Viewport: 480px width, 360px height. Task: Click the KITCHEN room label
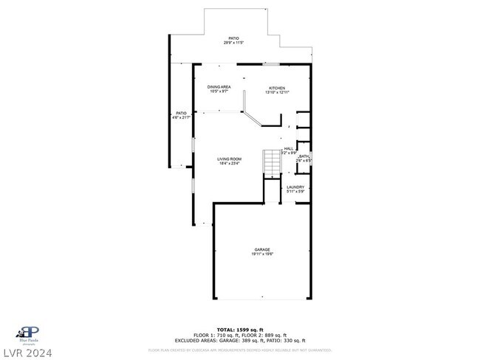coord(276,88)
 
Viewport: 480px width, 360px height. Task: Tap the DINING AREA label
coord(219,87)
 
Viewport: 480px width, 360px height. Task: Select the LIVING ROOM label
coord(229,159)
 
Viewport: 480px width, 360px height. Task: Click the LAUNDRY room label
coord(295,187)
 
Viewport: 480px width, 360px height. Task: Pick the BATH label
coord(304,156)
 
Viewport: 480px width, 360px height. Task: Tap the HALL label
coord(289,148)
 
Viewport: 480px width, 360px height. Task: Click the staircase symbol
coord(272,162)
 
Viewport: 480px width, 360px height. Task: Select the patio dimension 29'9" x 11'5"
coord(233,43)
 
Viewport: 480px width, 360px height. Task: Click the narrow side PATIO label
coord(180,113)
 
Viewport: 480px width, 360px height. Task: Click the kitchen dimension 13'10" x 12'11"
coord(276,92)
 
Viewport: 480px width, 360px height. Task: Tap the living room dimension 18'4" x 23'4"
coord(229,164)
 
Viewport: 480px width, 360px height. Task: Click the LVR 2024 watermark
coord(27,352)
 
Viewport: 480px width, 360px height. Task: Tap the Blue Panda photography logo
coord(29,333)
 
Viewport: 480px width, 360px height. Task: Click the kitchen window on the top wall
coord(271,64)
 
